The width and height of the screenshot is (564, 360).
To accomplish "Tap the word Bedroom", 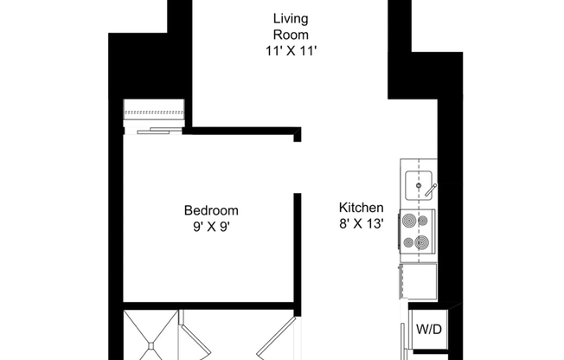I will coord(211,210).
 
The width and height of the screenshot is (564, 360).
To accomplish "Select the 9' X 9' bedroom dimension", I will coord(211,227).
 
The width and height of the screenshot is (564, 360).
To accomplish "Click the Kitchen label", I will coord(361,209).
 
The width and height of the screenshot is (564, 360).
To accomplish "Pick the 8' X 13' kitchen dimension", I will coord(361,225).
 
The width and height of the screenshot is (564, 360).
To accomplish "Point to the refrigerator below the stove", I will coord(419,280).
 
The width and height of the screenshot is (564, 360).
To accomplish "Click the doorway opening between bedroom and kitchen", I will coord(297,168).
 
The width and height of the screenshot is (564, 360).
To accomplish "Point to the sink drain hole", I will coord(419,185).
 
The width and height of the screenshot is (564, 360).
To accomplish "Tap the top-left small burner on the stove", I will coord(408,222).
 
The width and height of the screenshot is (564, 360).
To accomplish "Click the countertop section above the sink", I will coord(419,164).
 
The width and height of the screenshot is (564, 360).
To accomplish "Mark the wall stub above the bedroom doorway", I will coord(297,135).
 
